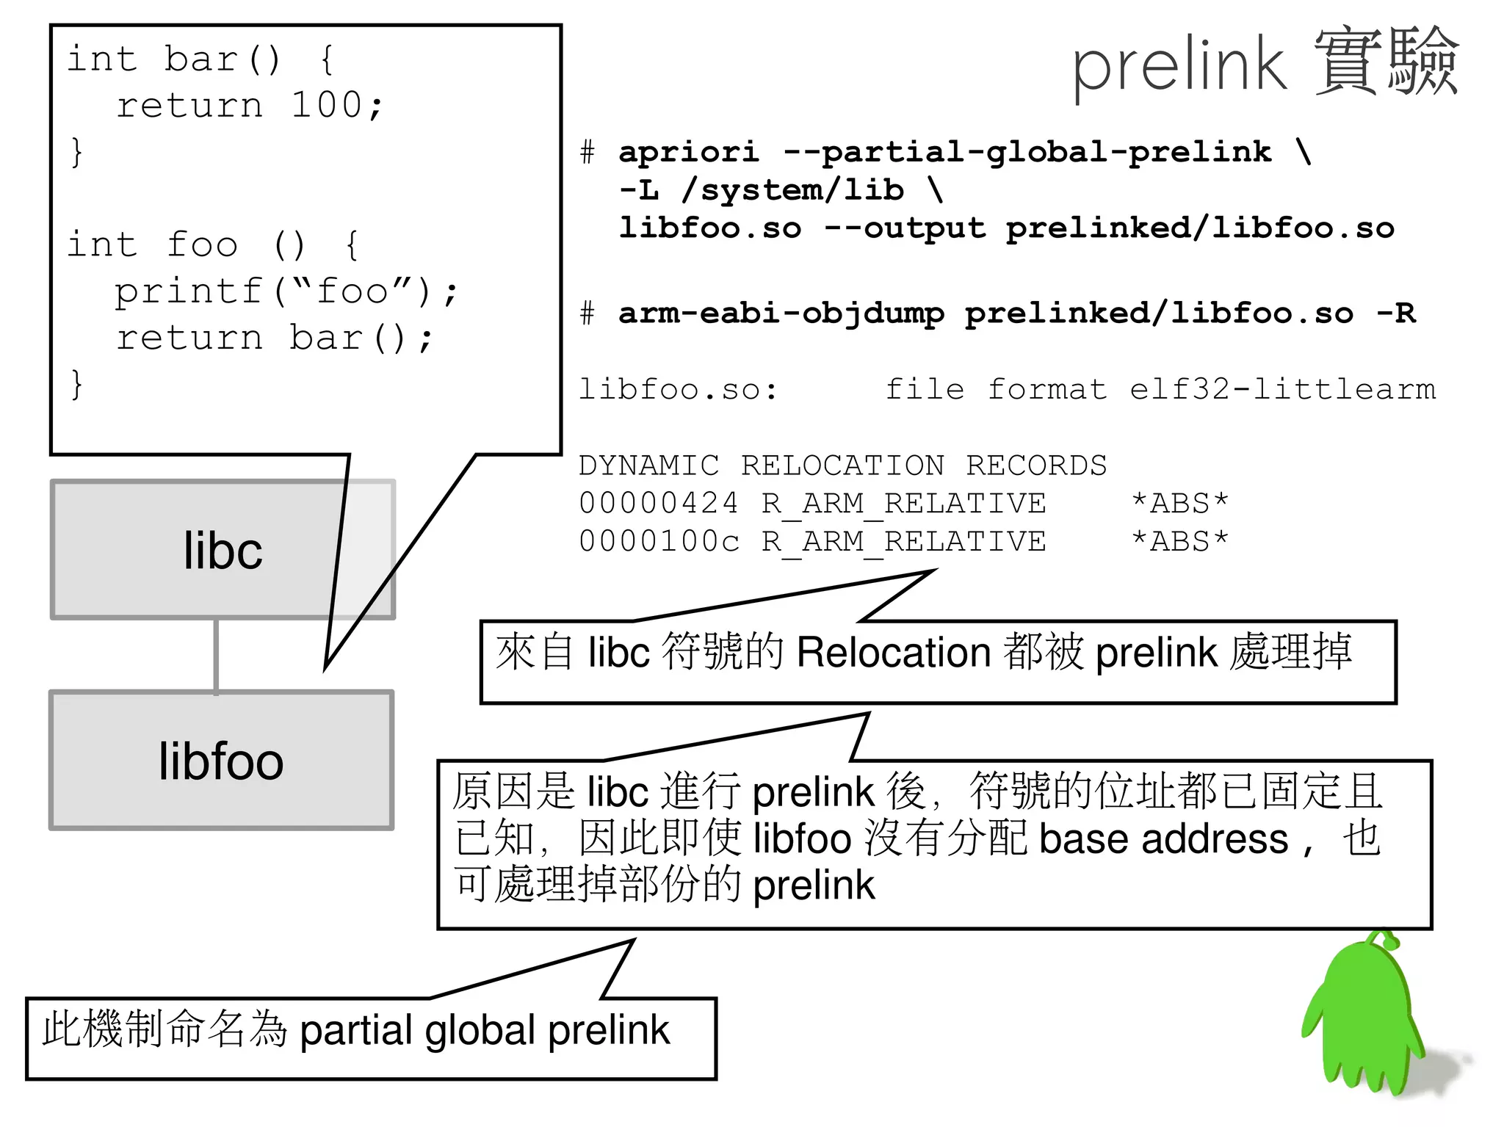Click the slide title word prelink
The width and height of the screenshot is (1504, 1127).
coord(1179,66)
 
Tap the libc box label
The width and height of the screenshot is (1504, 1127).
coord(223,551)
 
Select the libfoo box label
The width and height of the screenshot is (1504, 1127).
coord(221,761)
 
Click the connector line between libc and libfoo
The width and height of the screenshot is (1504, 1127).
coord(216,655)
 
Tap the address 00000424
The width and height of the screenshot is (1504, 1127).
coord(658,504)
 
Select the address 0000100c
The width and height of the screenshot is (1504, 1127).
coord(658,542)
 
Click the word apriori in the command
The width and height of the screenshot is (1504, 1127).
coord(688,152)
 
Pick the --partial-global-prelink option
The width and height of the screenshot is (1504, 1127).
coord(1027,152)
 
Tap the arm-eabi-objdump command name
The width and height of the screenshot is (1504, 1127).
coord(781,314)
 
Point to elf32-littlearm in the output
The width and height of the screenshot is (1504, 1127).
coord(1282,389)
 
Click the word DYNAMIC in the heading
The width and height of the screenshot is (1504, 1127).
coord(648,465)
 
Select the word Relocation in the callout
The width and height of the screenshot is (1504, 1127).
coord(893,652)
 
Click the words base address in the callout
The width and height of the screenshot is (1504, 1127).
coord(1163,838)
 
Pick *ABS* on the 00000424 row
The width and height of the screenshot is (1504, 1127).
coord(1179,504)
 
